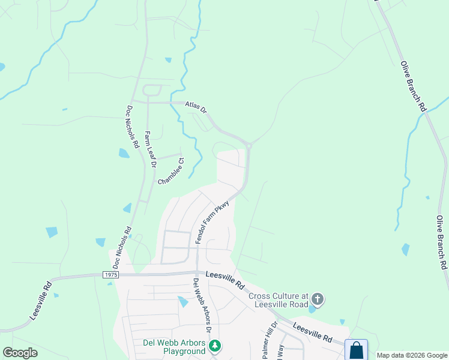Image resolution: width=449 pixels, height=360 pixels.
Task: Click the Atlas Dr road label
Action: [196, 107]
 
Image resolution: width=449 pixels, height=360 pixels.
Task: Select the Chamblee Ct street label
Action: [172, 172]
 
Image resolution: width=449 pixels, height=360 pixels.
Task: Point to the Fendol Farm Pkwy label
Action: [212, 222]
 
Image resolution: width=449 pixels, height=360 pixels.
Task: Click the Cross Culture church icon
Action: [318, 299]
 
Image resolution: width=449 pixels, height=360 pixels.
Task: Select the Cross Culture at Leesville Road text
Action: [278, 300]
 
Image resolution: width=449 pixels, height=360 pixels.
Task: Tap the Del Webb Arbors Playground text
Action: [174, 347]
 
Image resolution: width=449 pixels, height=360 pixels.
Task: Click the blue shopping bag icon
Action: [356, 350]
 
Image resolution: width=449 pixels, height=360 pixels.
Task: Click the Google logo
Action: [20, 353]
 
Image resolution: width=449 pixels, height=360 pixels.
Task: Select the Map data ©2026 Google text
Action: [412, 355]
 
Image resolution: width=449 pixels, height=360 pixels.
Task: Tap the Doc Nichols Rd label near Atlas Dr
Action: [133, 127]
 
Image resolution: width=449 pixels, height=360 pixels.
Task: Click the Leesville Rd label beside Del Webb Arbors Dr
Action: [225, 279]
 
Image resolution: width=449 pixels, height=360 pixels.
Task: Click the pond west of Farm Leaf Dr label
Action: [124, 153]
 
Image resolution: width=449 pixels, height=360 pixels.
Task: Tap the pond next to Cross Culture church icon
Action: [311, 309]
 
